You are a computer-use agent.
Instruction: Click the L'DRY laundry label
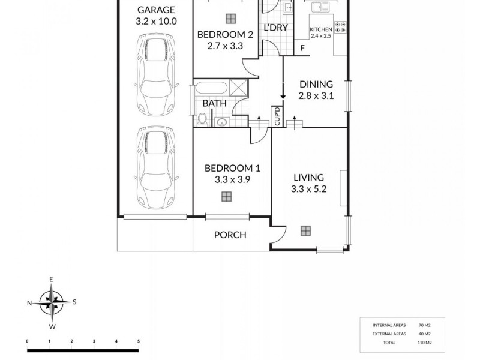[x=276, y=27]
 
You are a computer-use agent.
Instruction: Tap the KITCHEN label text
[x=320, y=29]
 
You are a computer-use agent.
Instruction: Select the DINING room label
[x=316, y=85]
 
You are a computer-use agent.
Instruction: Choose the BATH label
[x=214, y=103]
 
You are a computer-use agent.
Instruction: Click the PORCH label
[x=230, y=235]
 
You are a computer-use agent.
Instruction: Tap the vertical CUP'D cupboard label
[x=277, y=116]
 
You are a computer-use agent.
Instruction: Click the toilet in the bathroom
[x=203, y=121]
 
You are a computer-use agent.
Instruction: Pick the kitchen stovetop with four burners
[x=341, y=27]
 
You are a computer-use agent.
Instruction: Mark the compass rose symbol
[x=52, y=302]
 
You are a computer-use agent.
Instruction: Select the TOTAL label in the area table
[x=389, y=343]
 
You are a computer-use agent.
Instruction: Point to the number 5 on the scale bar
[x=139, y=341]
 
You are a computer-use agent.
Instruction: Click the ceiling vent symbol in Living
[x=306, y=230]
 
